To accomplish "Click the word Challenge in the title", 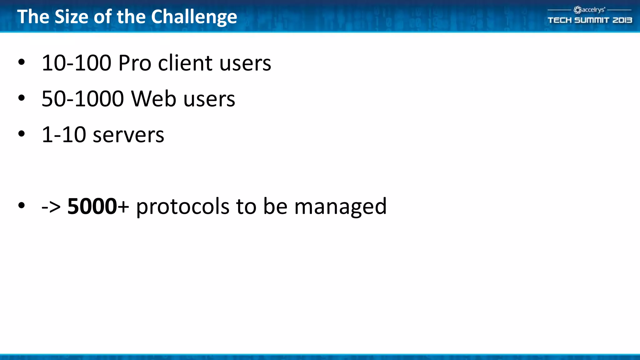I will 194,17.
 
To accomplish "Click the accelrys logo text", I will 593,10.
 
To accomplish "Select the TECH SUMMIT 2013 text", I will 590,20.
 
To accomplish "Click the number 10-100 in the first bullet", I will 76,63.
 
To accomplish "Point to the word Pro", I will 135,63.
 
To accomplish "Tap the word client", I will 185,63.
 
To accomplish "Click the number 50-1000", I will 82,99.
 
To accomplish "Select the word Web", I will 153,99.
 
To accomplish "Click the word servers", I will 128,135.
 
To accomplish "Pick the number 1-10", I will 64,135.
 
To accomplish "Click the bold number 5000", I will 92,207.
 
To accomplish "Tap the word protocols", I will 183,207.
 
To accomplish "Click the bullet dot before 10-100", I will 21,62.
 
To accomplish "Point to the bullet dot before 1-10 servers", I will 21,134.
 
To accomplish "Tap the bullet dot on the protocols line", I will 21,206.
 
